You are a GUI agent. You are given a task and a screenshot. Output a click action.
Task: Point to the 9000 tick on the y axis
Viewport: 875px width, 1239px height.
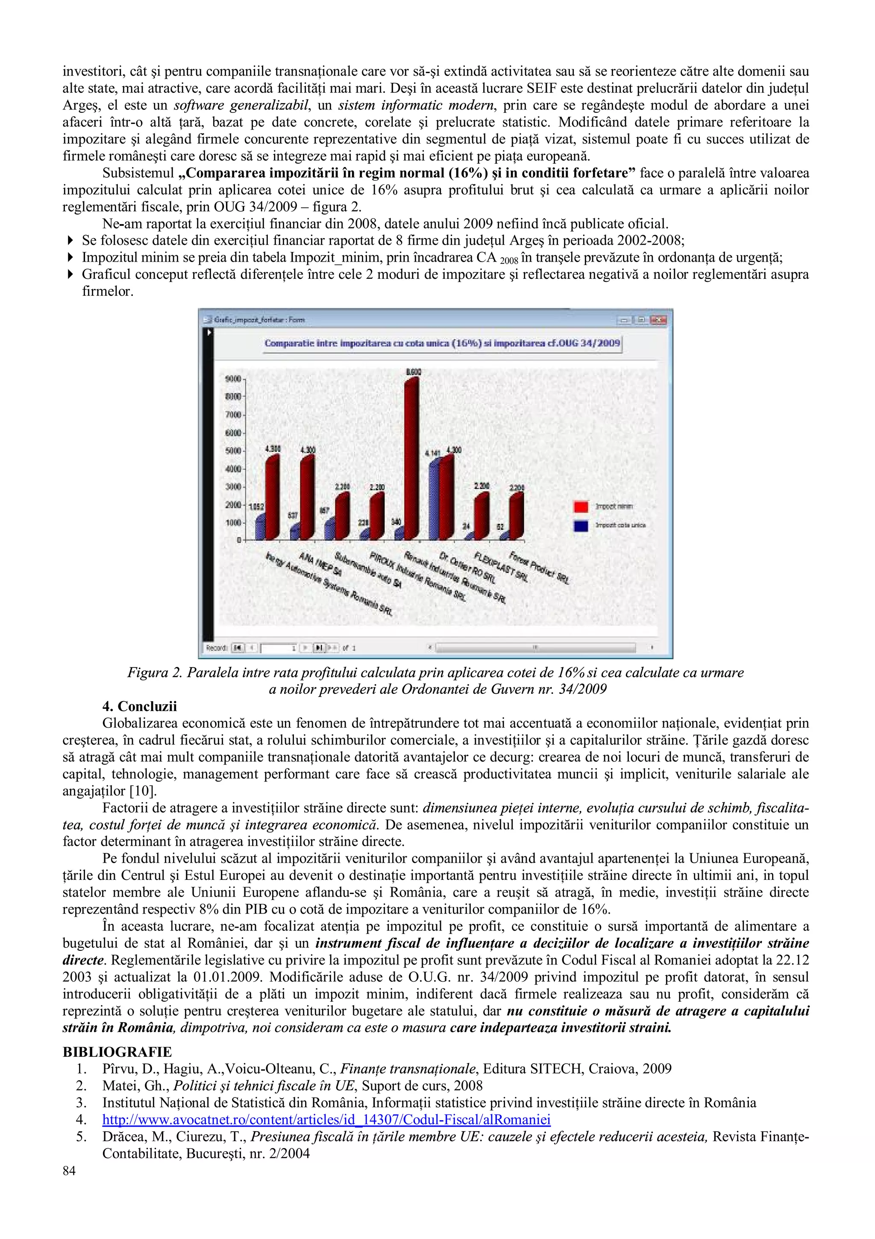(233, 379)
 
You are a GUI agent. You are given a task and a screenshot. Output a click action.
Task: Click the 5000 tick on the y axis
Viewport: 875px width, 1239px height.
(233, 451)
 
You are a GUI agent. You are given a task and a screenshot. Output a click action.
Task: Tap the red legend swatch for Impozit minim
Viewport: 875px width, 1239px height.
(581, 507)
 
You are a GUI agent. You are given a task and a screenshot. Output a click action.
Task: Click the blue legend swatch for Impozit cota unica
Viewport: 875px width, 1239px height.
(581, 525)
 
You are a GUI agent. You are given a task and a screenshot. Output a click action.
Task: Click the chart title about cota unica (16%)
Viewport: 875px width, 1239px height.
(442, 343)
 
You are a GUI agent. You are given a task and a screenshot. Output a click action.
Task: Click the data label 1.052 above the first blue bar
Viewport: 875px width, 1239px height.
(255, 507)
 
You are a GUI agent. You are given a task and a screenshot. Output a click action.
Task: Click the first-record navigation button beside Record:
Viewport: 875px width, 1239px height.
(237, 648)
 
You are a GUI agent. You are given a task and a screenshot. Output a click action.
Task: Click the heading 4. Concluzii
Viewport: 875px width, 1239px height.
(140, 706)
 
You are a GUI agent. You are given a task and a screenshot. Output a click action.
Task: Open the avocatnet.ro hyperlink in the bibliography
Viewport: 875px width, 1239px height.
(326, 1120)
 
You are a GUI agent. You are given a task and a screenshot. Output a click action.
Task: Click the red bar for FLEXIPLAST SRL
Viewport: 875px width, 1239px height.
(481, 515)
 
